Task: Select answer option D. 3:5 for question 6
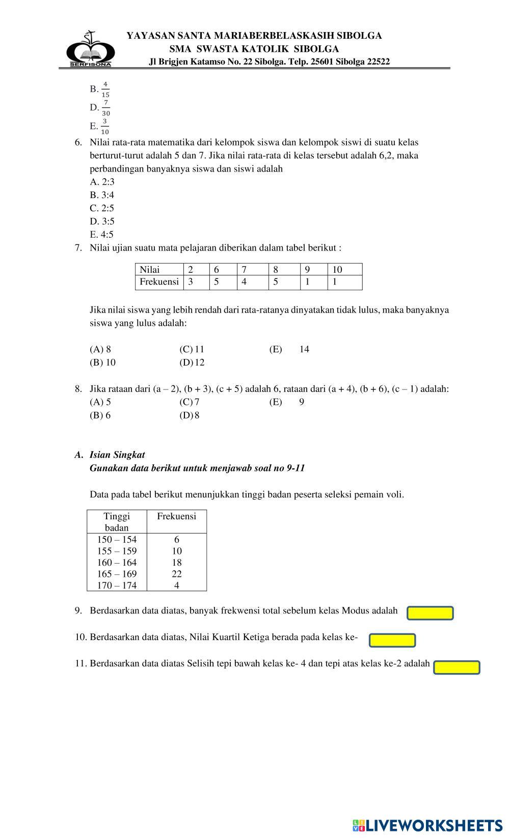tap(102, 221)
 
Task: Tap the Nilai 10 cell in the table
tap(337, 270)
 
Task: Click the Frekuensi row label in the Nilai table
tap(159, 282)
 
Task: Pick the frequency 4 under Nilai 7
tap(244, 282)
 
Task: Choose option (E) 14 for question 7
tap(289, 349)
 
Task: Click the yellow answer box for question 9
tap(430, 613)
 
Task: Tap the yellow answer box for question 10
tap(392, 640)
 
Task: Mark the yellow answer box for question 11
tap(457, 667)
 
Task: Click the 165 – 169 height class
tap(117, 574)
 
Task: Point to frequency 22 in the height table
tap(177, 574)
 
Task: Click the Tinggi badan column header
tap(117, 522)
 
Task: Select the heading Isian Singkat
tap(117, 455)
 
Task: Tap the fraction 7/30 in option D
tap(106, 108)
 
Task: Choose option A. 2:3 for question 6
tap(102, 182)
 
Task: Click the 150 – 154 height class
tap(117, 540)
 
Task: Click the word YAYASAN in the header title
tap(148, 36)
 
